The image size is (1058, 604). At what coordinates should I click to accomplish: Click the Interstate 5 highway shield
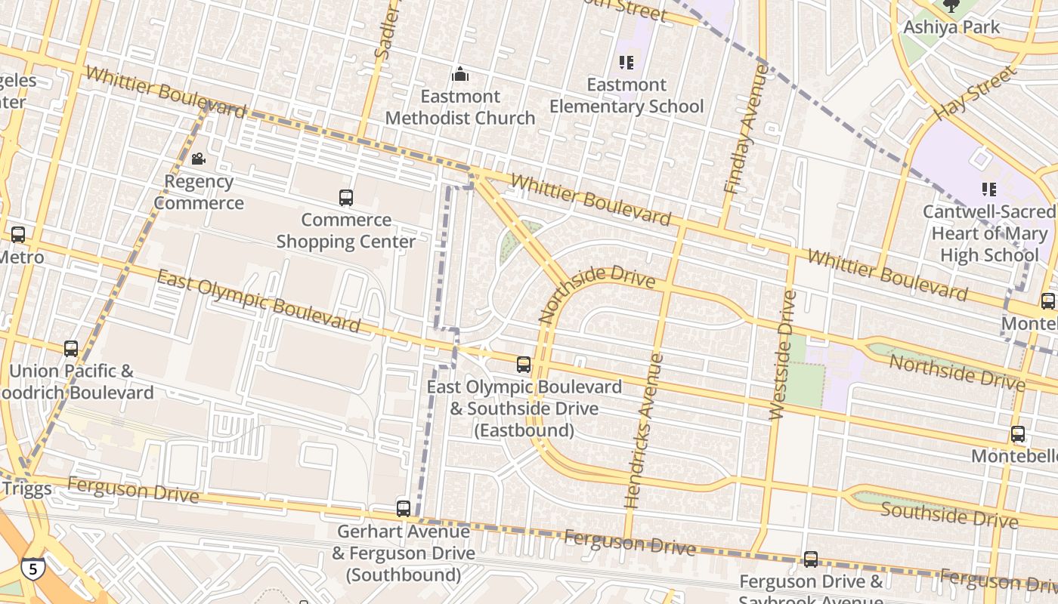tap(32, 568)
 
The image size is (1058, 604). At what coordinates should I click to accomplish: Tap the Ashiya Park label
tap(951, 27)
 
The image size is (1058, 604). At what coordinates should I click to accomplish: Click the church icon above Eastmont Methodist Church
tap(460, 74)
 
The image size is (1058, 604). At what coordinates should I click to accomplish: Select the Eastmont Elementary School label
tap(626, 96)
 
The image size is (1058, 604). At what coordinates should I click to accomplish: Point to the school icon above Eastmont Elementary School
tap(626, 62)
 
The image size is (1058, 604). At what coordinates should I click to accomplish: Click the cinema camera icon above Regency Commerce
tap(199, 159)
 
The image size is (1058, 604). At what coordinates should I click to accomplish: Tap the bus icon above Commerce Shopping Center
tap(346, 198)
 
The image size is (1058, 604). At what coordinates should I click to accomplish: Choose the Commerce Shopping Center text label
tap(346, 231)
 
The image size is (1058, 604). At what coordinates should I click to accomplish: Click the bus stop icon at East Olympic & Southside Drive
tap(524, 365)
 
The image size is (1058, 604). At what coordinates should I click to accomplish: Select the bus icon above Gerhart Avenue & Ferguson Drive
tap(404, 509)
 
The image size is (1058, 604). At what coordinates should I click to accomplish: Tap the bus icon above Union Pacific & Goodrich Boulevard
tap(71, 349)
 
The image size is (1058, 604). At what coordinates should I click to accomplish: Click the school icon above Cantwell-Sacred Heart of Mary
tap(988, 189)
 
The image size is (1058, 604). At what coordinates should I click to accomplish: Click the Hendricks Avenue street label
tap(644, 430)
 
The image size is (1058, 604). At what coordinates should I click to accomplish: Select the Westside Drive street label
tap(783, 355)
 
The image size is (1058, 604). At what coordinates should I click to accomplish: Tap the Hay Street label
tap(976, 94)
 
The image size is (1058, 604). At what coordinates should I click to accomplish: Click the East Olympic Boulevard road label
tap(258, 301)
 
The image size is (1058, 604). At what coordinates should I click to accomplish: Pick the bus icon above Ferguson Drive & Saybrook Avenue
tap(811, 559)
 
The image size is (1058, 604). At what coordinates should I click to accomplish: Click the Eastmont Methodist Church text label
tap(460, 107)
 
